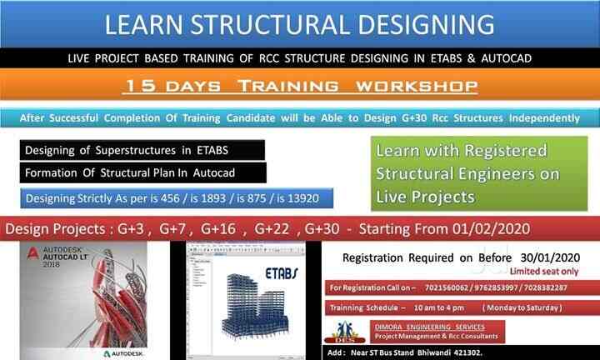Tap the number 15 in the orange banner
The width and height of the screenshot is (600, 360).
(x=134, y=87)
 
